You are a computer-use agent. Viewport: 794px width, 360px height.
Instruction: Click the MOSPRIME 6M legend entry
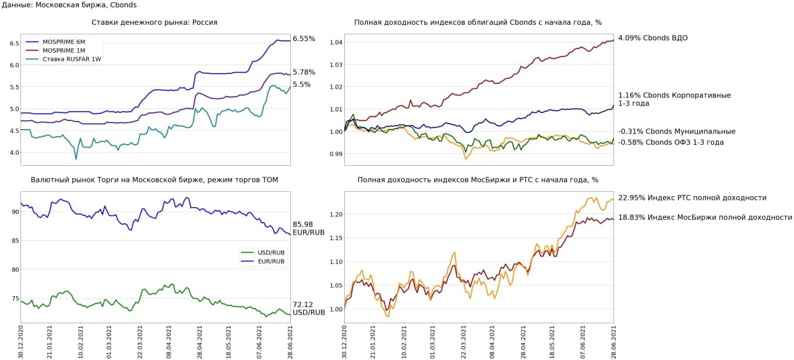point(60,42)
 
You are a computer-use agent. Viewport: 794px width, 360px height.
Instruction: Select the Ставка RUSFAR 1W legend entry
point(67,59)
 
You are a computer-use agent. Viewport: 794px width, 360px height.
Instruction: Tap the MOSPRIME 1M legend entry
point(60,50)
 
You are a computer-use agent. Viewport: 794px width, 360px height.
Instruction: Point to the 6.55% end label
point(304,38)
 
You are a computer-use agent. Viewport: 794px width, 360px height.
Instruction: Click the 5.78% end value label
point(304,72)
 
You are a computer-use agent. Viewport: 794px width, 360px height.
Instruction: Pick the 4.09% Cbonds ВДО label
point(653,38)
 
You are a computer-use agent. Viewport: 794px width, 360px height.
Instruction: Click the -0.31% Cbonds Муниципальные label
point(677,131)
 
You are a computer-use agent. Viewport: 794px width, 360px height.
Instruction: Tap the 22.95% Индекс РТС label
point(692,198)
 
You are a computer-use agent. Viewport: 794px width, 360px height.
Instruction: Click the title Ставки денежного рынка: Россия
point(154,22)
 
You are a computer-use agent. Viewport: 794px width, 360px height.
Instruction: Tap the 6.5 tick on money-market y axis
point(13,43)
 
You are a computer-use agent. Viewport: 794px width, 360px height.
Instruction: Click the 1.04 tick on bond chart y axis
point(336,42)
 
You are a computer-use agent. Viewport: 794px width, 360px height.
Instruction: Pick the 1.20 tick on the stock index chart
point(336,214)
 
